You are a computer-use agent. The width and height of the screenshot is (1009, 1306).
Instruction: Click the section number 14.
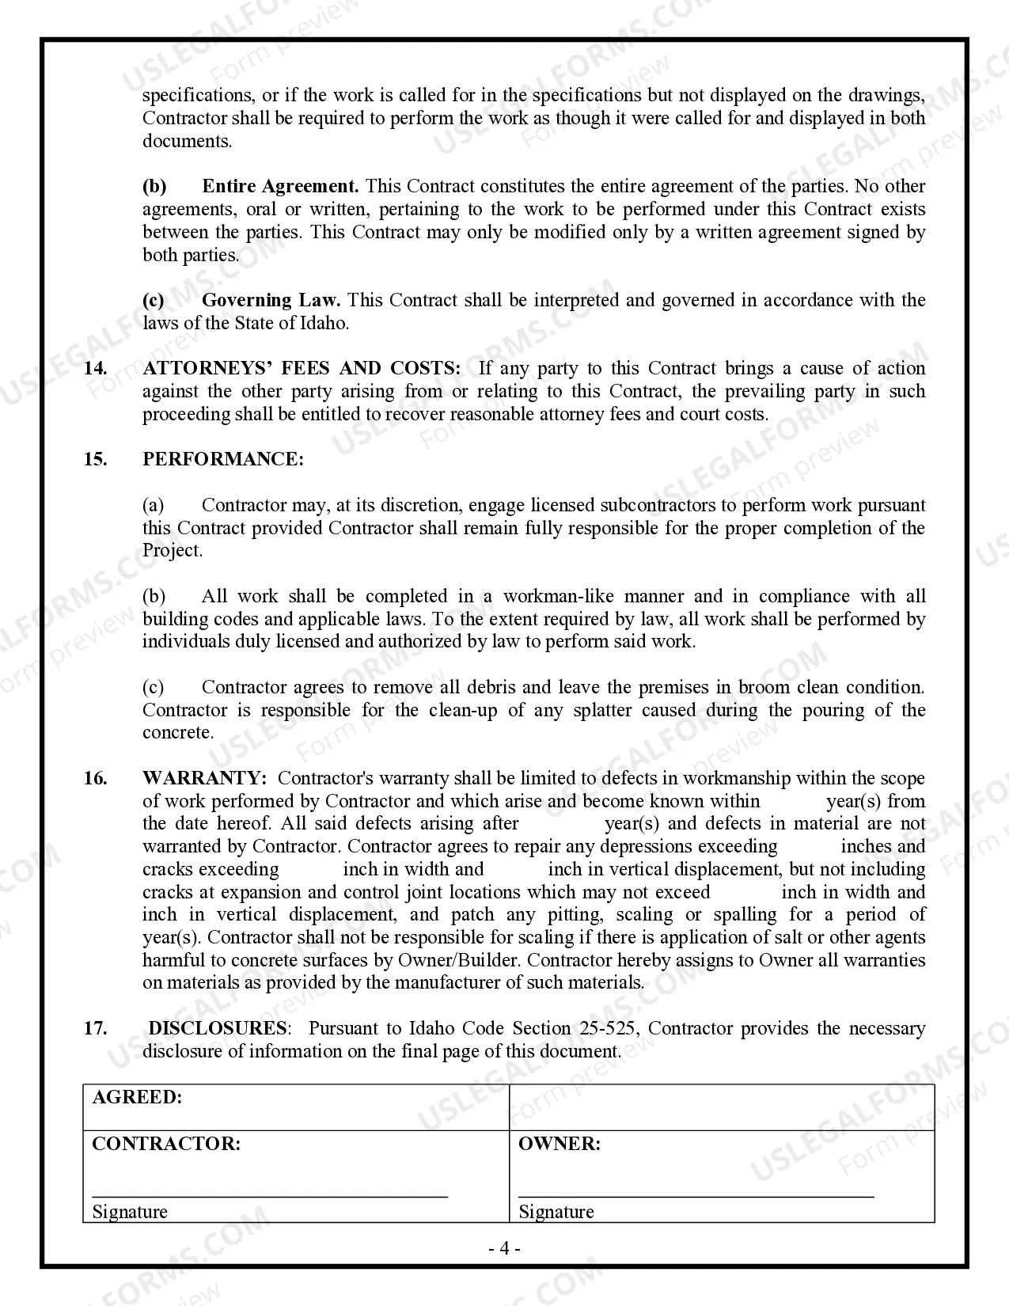click(95, 369)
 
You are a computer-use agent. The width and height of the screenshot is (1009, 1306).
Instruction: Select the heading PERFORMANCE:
click(222, 460)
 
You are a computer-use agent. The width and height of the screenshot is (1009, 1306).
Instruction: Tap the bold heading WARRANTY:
click(204, 779)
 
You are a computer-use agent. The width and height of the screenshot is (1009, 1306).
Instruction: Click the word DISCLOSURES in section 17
click(218, 1029)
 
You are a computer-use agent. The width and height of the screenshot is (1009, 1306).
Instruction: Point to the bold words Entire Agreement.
click(280, 187)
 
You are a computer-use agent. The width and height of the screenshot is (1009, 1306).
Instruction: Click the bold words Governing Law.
click(271, 301)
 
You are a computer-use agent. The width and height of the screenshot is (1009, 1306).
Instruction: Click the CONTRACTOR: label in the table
click(166, 1145)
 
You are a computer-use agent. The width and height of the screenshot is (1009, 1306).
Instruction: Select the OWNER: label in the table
click(559, 1145)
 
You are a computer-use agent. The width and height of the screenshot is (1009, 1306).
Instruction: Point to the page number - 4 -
click(504, 1249)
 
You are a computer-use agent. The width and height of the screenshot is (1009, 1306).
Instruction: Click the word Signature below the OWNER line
click(556, 1213)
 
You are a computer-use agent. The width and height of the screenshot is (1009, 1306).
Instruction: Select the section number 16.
click(95, 779)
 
